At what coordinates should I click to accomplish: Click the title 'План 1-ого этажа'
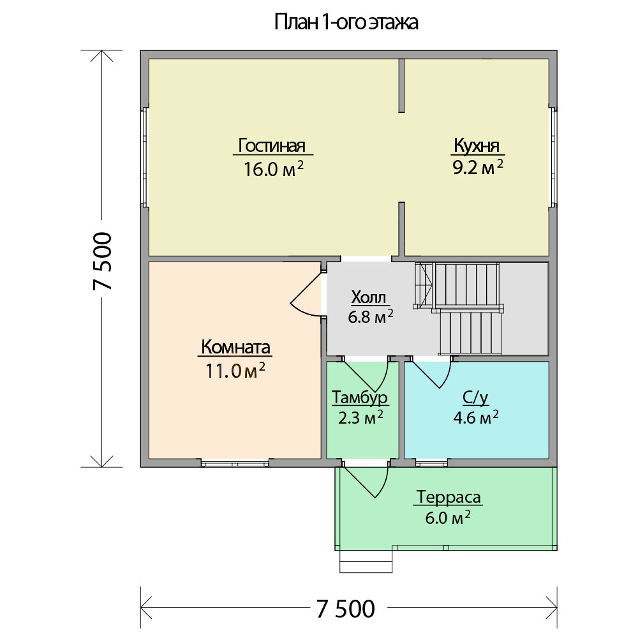point(346,23)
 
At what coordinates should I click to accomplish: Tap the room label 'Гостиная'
point(272,145)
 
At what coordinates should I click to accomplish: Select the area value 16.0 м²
point(274,168)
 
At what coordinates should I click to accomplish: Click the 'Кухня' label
point(477,145)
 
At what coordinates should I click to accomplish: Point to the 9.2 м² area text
point(478,167)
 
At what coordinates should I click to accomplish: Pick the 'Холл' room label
point(369,297)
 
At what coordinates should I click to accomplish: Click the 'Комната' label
point(235,348)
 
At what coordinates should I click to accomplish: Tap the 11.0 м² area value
point(235,370)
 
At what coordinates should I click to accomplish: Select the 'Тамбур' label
point(360,397)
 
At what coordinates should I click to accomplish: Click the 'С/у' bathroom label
point(476,397)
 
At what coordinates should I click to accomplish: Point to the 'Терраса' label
point(449,497)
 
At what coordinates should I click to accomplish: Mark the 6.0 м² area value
point(448,518)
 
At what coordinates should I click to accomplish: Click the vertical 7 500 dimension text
point(102,261)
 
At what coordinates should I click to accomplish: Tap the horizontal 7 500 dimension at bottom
point(345,608)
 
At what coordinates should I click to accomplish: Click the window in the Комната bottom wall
point(235,463)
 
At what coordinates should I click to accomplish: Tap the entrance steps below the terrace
point(366,561)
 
